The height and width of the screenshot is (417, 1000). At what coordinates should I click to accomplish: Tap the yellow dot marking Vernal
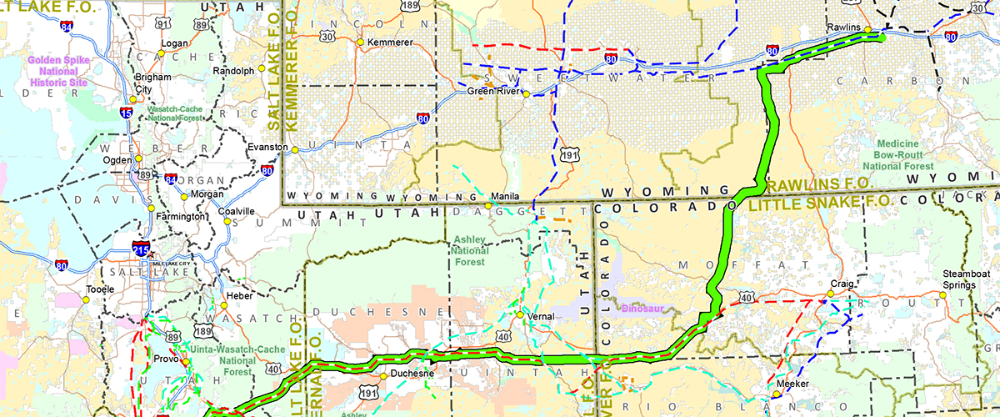tap(519, 315)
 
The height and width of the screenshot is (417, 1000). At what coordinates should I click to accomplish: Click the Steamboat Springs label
tap(957, 279)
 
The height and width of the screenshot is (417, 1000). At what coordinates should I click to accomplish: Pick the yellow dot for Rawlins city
tap(867, 30)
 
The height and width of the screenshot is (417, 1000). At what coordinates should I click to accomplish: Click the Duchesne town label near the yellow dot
tap(413, 374)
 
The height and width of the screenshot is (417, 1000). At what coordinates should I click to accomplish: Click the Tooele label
tap(100, 290)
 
